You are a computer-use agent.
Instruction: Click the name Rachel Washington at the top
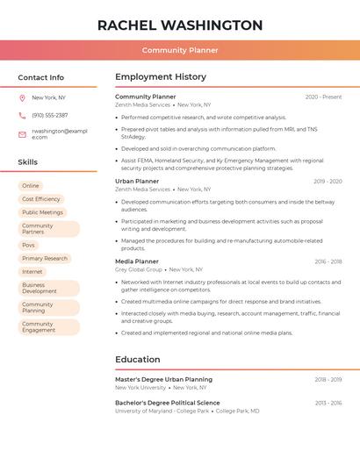point(180,25)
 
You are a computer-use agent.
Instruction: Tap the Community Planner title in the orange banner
point(180,50)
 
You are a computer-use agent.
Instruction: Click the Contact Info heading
point(40,77)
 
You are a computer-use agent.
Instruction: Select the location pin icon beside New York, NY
point(22,98)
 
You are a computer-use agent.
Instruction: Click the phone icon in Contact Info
point(22,115)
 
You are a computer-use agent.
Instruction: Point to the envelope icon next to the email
point(22,134)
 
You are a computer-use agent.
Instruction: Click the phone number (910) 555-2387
point(49,115)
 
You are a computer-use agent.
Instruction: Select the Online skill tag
point(31,186)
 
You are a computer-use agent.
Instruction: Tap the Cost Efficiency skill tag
point(41,199)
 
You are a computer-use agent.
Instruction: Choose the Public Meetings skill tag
point(42,212)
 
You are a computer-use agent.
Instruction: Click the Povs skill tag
point(29,245)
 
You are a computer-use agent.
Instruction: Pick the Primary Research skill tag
point(45,259)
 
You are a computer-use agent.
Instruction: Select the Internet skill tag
point(32,272)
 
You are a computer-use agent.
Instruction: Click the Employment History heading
point(161,77)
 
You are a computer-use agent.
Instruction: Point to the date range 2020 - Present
point(323,97)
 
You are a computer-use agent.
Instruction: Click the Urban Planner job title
point(137,181)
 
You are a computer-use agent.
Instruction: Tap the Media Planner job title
point(137,261)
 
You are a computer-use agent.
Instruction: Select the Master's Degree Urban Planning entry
point(163,379)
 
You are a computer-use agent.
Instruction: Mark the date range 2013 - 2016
point(328,403)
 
